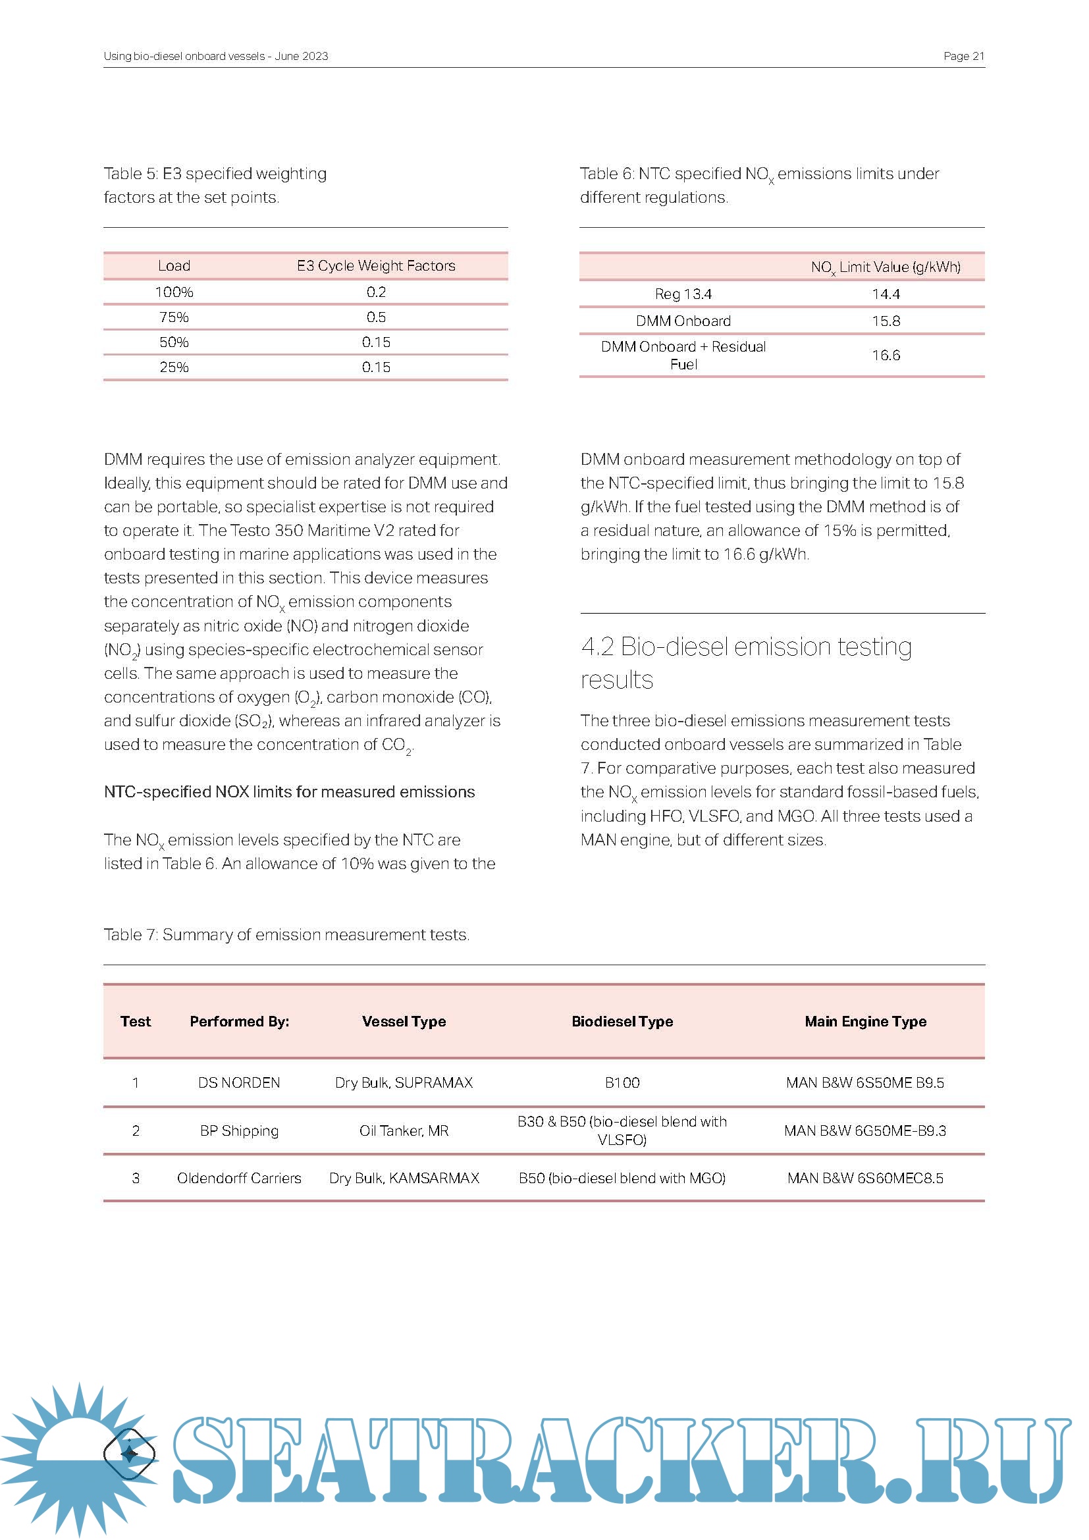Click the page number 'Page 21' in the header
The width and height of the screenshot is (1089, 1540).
963,57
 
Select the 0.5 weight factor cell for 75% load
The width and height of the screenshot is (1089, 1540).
375,317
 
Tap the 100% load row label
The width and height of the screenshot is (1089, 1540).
174,292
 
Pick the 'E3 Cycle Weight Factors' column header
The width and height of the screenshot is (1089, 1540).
375,265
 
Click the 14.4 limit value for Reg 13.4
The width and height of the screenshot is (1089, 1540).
885,294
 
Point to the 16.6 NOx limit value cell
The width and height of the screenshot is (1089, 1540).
885,355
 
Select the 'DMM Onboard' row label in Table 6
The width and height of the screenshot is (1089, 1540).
683,321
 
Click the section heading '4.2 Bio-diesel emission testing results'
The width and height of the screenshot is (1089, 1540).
746,663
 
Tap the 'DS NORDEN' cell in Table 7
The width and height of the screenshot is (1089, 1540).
239,1082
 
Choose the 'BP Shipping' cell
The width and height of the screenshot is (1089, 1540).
239,1130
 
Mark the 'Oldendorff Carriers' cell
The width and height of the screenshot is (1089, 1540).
239,1178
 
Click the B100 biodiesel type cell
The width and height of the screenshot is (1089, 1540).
622,1082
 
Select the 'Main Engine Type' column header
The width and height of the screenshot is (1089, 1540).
865,1021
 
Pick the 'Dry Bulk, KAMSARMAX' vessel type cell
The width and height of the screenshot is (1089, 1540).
404,1178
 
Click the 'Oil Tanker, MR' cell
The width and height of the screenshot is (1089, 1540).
404,1130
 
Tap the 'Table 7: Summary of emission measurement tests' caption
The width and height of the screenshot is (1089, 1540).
286,934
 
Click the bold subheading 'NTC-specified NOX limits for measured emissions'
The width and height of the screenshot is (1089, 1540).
289,791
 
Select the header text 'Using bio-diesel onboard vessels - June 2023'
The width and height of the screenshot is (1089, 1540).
215,57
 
